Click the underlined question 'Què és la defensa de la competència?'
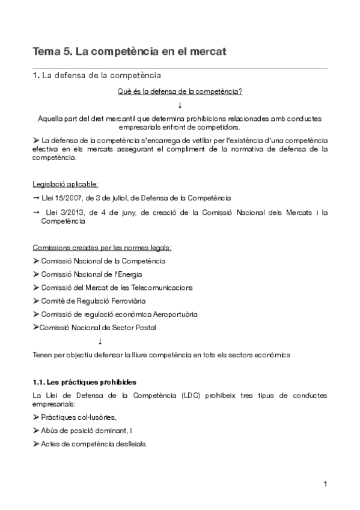pos(180,91)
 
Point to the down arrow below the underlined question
pos(180,105)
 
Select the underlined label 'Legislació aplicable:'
pos(66,183)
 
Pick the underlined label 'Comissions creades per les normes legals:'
pos(102,247)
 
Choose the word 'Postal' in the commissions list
pos(145,327)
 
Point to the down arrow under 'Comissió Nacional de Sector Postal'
pos(100,341)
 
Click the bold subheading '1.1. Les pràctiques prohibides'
pos(84,382)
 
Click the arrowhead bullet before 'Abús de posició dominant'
pos(36,430)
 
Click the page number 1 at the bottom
pos(325,484)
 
